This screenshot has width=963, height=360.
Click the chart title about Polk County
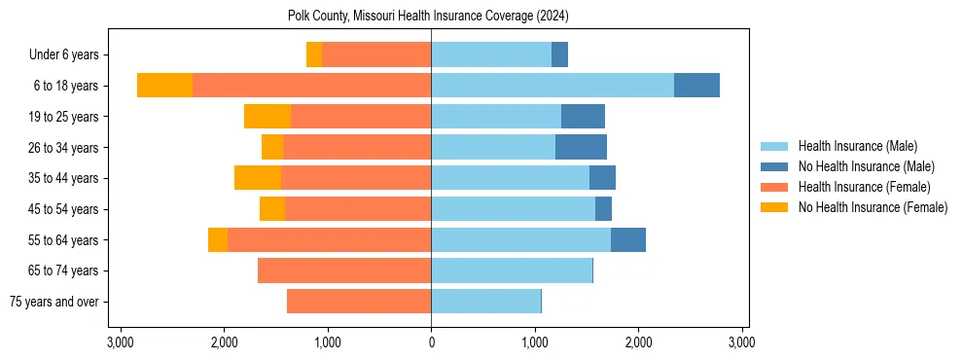tap(428, 17)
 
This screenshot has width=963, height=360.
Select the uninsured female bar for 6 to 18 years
tap(164, 86)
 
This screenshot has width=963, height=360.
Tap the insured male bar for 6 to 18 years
tap(553, 86)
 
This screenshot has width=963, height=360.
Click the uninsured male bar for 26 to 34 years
tap(581, 147)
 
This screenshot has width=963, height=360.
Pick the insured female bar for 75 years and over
tap(359, 302)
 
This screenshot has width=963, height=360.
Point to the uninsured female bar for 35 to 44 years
tap(258, 178)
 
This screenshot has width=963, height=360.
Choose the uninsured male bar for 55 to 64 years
tap(628, 239)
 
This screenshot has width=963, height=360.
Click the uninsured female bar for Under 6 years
tap(314, 54)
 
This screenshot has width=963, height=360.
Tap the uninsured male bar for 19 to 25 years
tap(583, 117)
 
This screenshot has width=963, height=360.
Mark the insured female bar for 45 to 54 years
tap(358, 209)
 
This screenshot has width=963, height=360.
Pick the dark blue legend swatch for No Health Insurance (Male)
tap(774, 166)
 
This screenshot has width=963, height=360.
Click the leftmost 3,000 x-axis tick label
tap(121, 342)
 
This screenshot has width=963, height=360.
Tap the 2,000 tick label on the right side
tap(638, 342)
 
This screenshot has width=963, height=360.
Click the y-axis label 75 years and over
tap(53, 302)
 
